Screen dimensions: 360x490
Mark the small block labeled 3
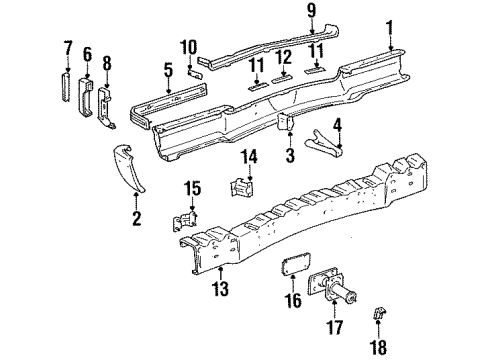click(x=284, y=123)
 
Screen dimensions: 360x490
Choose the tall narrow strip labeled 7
click(x=68, y=88)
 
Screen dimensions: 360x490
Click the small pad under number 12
click(x=284, y=76)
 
